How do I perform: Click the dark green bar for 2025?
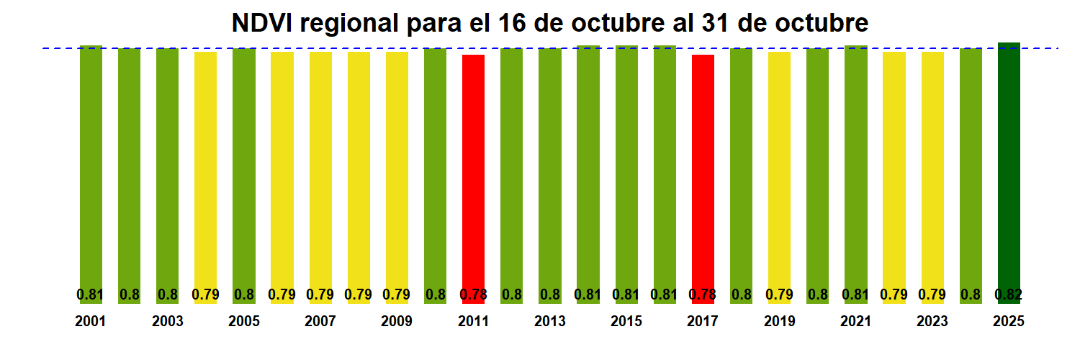pos(1009,166)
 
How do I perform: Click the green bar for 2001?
pos(91,166)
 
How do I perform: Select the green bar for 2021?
pos(855,166)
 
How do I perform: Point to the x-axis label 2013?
pos(550,321)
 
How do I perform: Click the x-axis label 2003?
pos(167,321)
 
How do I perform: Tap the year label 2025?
pos(1009,321)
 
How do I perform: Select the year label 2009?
pos(397,321)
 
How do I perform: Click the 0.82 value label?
pos(1009,294)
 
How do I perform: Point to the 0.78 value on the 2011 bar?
pos(473,294)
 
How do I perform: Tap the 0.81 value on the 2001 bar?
pos(91,294)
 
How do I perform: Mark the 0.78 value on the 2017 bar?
pos(703,294)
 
